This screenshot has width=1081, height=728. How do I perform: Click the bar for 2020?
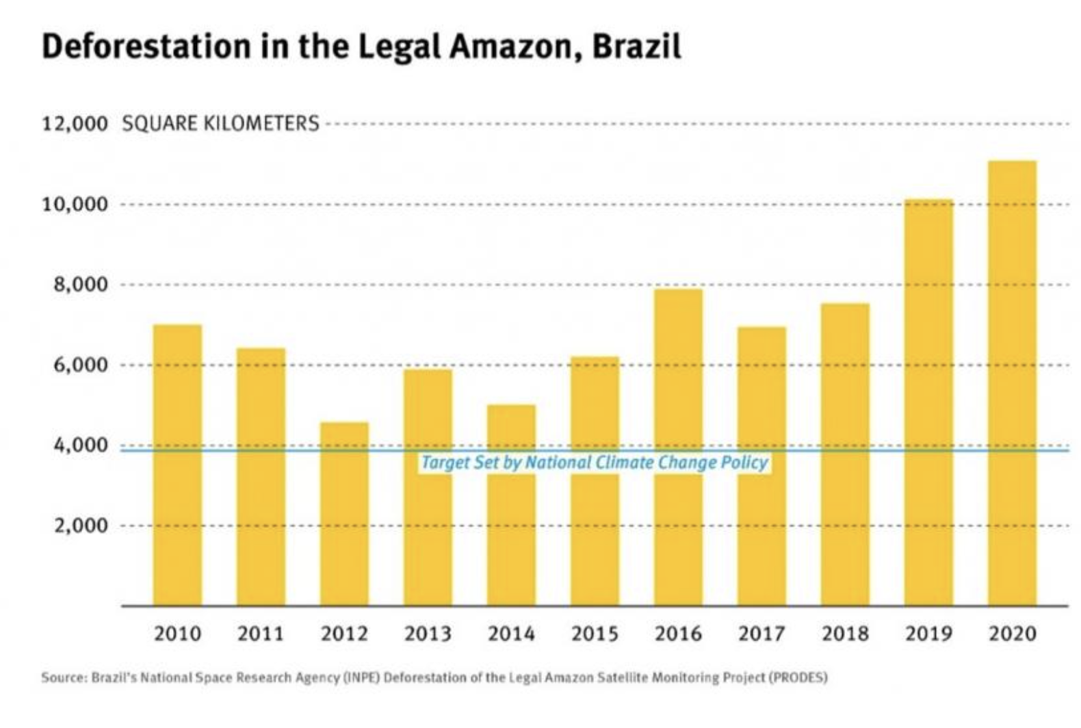click(1012, 383)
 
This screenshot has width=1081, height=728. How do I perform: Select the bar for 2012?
click(344, 513)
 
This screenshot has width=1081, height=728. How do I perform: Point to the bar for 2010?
click(177, 465)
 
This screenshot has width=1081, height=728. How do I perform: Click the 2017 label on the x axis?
click(761, 634)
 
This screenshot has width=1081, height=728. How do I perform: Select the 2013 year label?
click(428, 634)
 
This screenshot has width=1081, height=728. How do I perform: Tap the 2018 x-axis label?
click(845, 634)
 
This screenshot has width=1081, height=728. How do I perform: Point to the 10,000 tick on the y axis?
click(75, 205)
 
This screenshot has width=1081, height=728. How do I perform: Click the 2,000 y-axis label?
click(81, 525)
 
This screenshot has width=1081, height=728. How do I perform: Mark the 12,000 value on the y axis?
click(75, 124)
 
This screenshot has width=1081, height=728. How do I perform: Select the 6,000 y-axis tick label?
click(81, 365)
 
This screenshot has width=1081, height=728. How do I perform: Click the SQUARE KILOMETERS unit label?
click(220, 124)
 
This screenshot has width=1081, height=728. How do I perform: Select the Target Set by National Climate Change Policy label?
click(595, 463)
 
